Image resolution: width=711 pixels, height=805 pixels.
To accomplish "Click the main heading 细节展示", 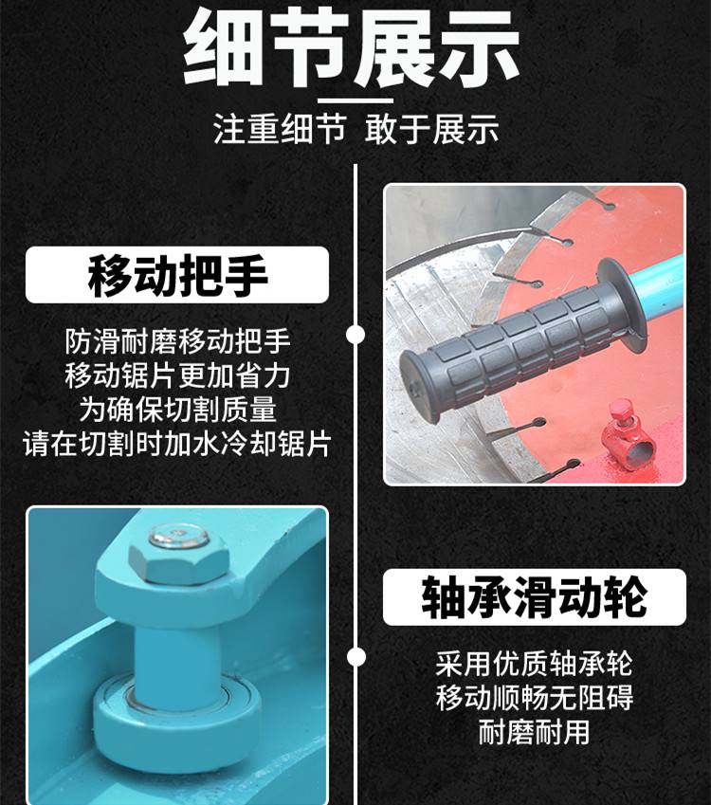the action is click(352, 46).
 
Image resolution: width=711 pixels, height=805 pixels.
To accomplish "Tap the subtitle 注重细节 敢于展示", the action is click(355, 129).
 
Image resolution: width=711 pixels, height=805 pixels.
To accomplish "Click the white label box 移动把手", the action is click(177, 275).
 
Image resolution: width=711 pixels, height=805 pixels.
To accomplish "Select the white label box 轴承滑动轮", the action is click(535, 596).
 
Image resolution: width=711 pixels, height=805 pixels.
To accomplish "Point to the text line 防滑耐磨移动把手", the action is click(177, 341).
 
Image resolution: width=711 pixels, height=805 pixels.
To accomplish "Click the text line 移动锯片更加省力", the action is click(177, 375).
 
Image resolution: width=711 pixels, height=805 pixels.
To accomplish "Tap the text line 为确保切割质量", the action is click(177, 410).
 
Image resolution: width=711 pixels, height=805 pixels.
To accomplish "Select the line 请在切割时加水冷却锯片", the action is click(177, 444).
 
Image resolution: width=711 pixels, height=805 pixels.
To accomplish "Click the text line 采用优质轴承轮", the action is click(535, 664).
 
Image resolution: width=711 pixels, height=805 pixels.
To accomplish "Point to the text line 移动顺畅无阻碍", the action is click(535, 698).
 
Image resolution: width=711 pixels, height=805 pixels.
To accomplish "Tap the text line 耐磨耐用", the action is click(535, 732).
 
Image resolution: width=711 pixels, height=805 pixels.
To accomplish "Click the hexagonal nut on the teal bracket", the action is click(178, 556).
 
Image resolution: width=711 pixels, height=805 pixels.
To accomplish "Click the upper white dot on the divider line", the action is click(355, 335).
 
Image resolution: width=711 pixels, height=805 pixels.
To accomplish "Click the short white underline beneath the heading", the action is click(355, 101).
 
